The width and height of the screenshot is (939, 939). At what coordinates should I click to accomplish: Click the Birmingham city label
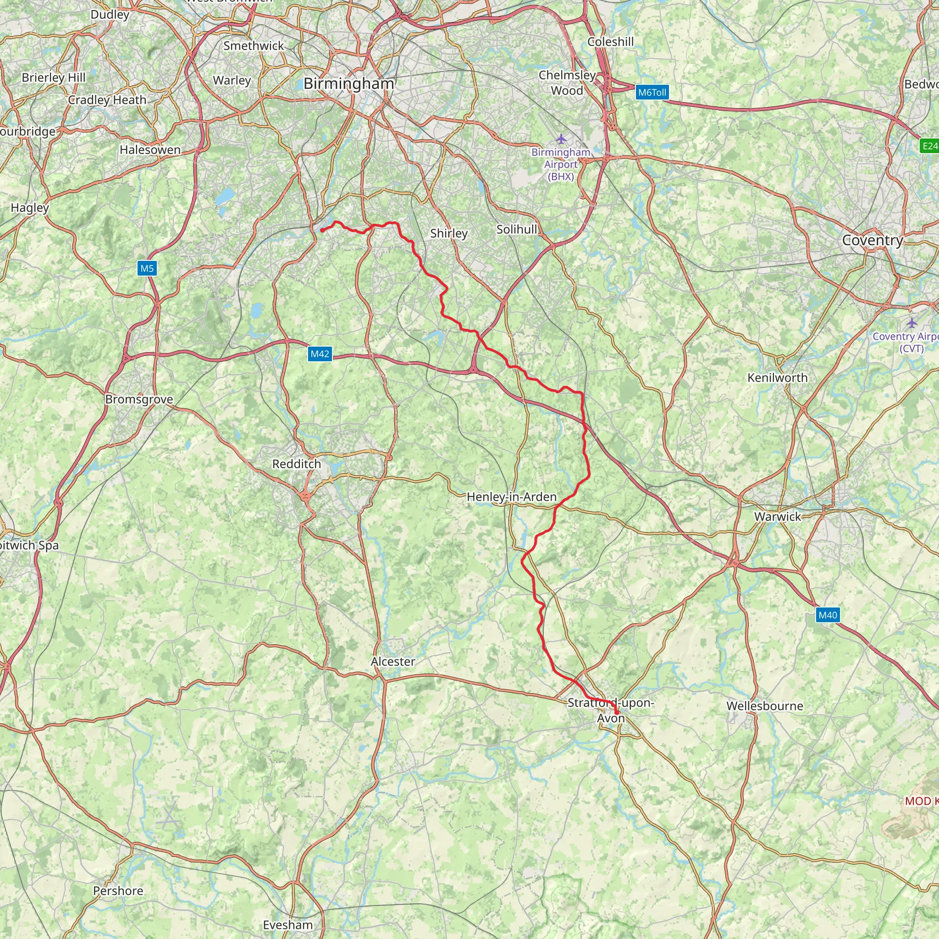pos(348,83)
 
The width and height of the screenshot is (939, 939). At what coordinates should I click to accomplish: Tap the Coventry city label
pos(873,240)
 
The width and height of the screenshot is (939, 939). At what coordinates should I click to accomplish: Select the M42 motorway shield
pos(320,354)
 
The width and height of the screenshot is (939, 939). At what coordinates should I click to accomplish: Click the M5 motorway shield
pos(147,268)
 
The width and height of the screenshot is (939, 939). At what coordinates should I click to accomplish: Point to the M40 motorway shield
pos(828,615)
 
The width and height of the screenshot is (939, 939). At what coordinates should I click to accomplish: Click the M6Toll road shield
pos(652,92)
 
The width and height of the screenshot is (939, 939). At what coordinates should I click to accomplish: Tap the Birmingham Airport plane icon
pos(561,139)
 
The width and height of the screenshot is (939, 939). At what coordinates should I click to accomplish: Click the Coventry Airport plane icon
pos(912,323)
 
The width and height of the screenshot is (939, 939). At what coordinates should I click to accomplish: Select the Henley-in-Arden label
pos(511,497)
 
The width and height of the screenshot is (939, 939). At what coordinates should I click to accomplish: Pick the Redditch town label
pos(297,464)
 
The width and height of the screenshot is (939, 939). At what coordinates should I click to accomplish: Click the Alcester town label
pos(393,662)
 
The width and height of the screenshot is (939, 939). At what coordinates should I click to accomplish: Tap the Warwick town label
pos(777,516)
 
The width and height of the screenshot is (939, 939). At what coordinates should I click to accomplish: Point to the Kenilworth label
pos(777,378)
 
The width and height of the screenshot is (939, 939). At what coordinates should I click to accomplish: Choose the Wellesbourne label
pos(764,706)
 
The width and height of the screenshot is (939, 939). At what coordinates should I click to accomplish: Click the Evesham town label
pos(288,924)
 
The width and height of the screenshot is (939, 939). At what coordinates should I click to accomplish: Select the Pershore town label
pos(118,890)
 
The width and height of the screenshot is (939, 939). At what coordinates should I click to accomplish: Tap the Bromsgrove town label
pos(139,399)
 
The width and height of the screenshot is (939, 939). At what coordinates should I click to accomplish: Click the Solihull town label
pos(517,229)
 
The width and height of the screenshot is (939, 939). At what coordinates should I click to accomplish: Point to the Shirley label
pos(448,233)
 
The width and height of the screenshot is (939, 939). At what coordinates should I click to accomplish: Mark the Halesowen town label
pos(150,149)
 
